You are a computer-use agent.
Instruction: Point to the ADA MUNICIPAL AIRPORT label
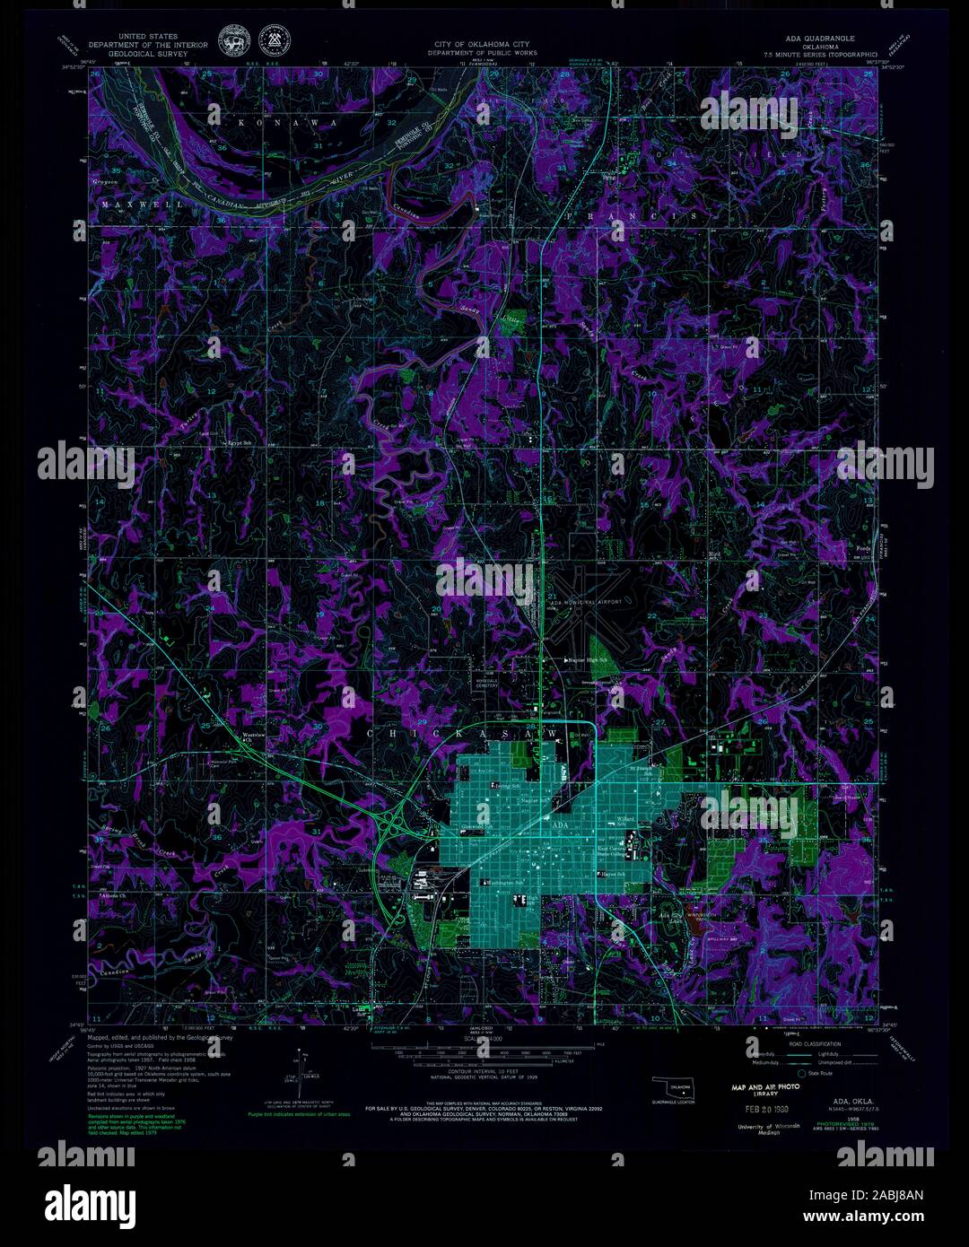tap(586, 603)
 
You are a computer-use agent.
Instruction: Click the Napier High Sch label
tap(588, 659)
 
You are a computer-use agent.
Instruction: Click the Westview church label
tap(256, 736)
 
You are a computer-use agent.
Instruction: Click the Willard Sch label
tap(625, 819)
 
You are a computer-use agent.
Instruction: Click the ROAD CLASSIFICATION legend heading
tap(816, 1044)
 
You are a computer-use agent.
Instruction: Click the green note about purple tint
tap(287, 1115)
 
